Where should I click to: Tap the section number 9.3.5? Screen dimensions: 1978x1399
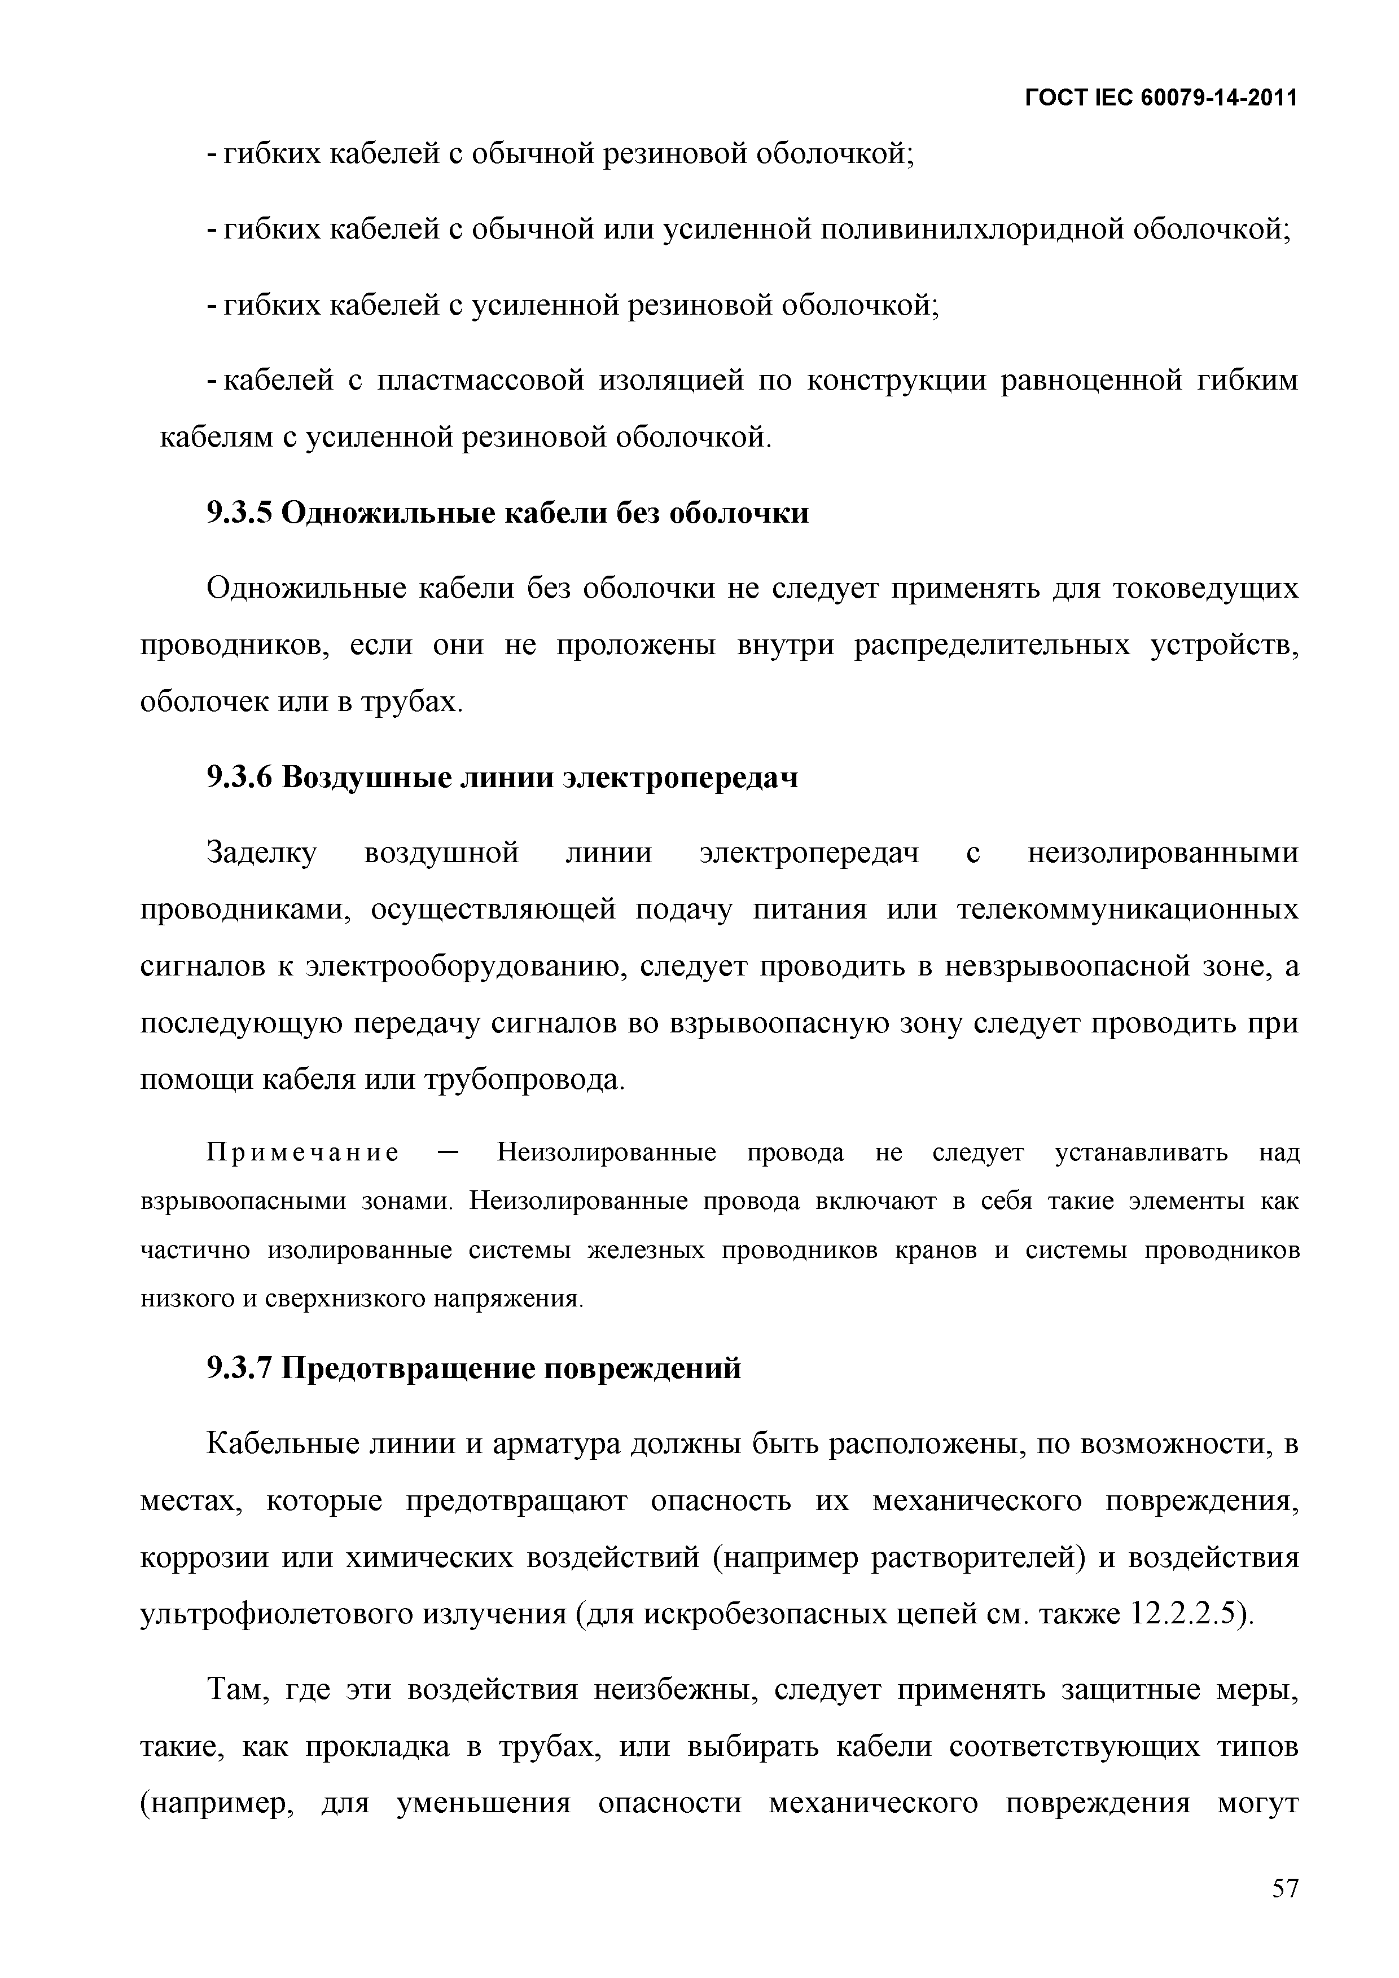tap(239, 514)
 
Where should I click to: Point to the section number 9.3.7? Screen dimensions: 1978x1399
tap(239, 1368)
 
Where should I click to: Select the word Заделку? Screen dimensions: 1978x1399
tap(262, 853)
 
